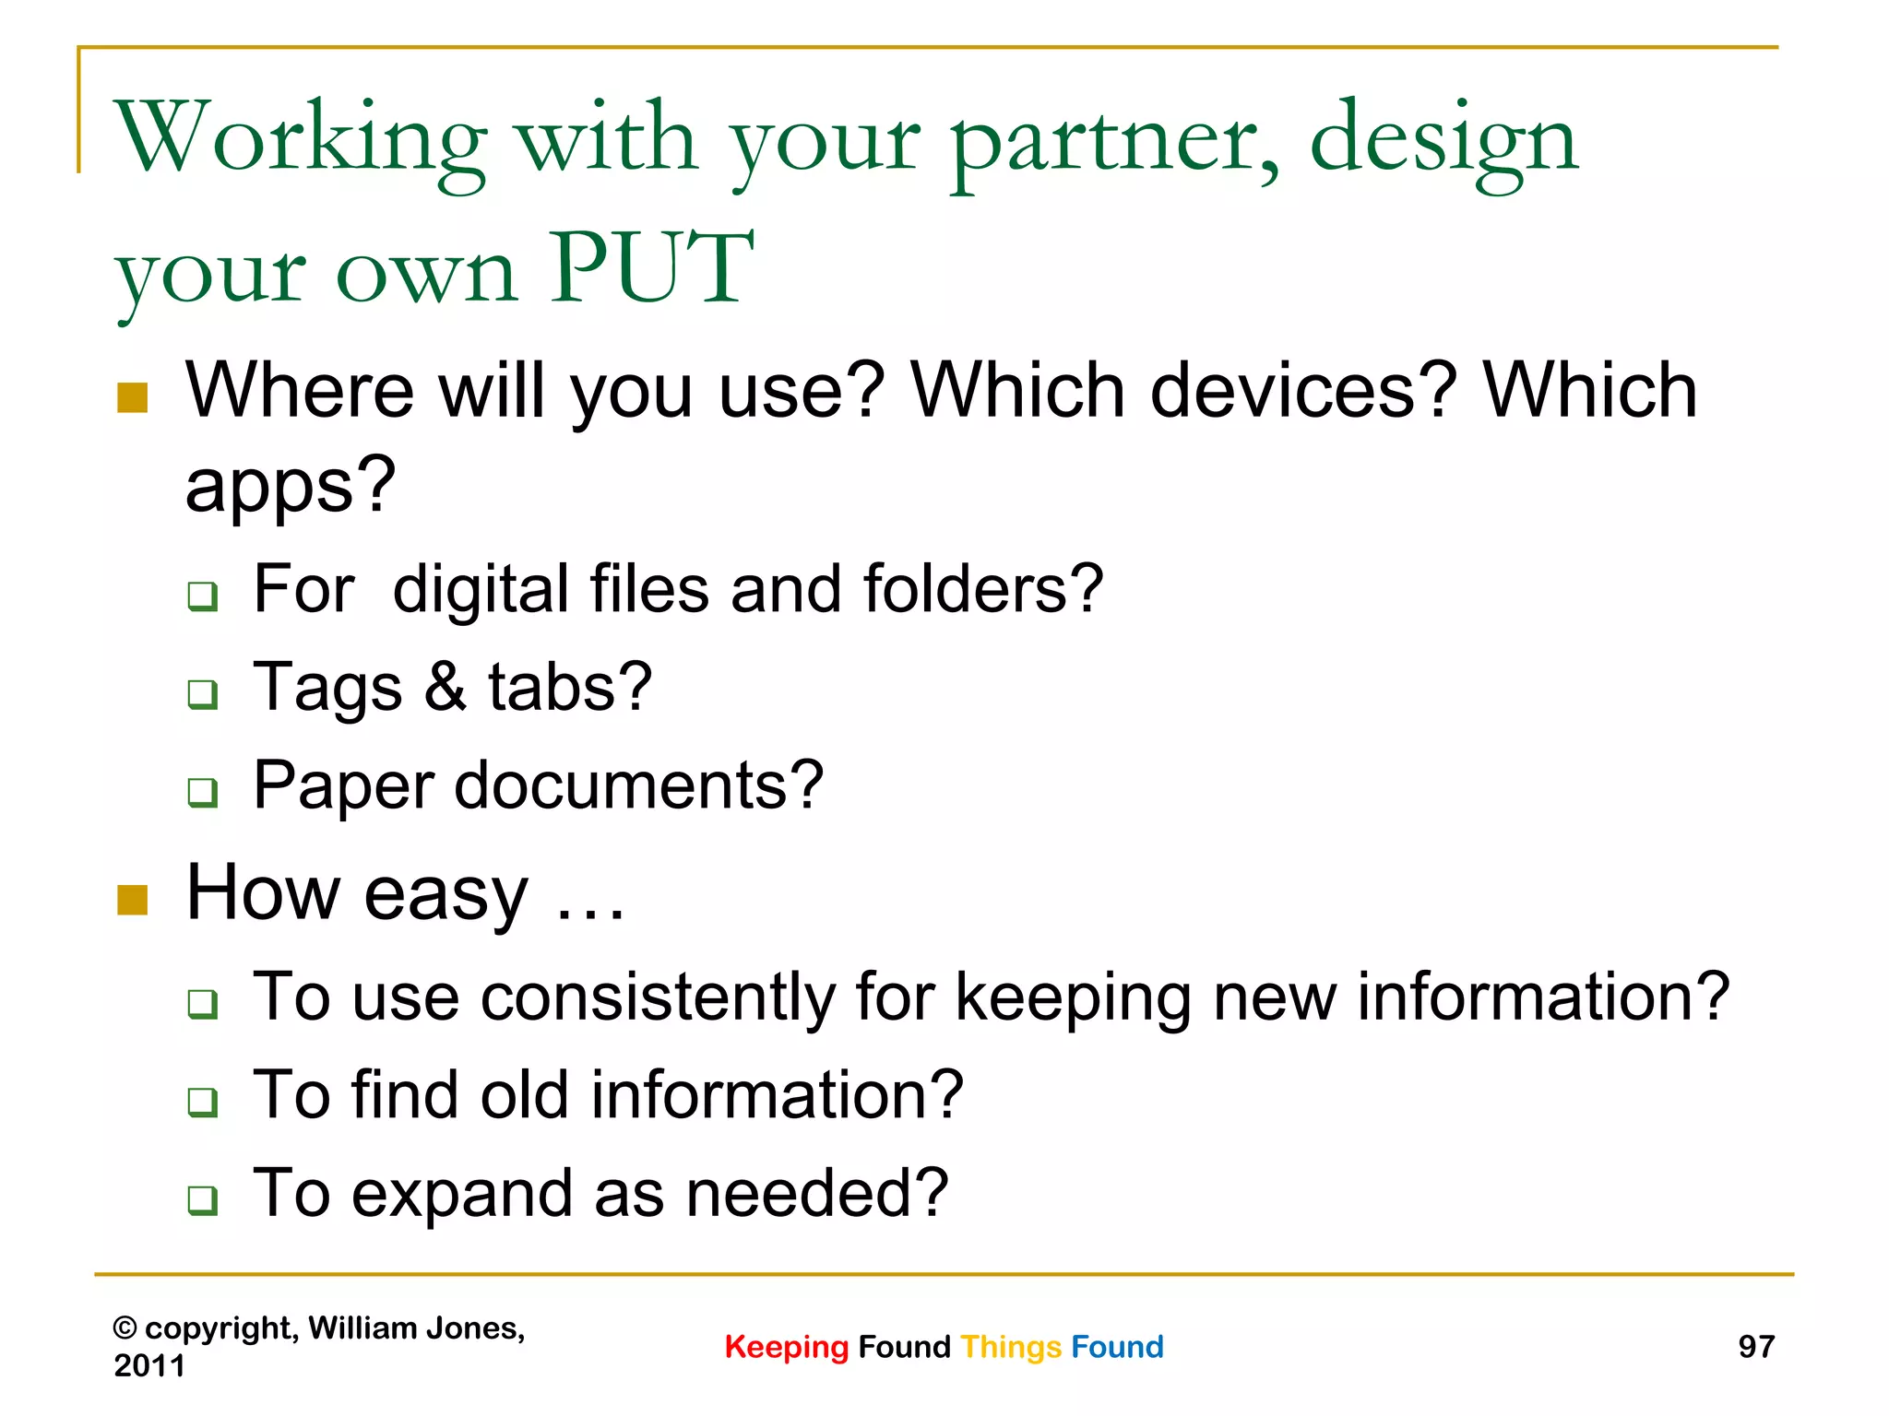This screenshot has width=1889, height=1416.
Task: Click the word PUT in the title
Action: tap(652, 269)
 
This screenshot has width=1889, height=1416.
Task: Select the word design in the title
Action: tap(1444, 143)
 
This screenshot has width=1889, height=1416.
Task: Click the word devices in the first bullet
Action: tap(1303, 391)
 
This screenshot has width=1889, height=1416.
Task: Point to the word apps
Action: tap(290, 487)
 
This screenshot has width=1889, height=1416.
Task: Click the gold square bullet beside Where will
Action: tap(133, 398)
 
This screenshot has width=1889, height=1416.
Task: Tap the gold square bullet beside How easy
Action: tap(133, 901)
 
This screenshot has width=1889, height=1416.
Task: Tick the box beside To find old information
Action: tap(202, 1102)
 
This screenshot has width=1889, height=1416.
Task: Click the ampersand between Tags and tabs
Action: tap(446, 687)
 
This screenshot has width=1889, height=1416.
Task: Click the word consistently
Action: tap(657, 998)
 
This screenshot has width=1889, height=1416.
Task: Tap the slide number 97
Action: tap(1756, 1347)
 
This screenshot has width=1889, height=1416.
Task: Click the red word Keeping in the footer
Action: tap(786, 1348)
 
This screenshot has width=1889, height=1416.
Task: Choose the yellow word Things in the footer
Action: tap(1011, 1348)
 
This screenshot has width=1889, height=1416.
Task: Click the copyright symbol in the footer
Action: tap(125, 1328)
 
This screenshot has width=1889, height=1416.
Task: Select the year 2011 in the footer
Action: tap(149, 1365)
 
